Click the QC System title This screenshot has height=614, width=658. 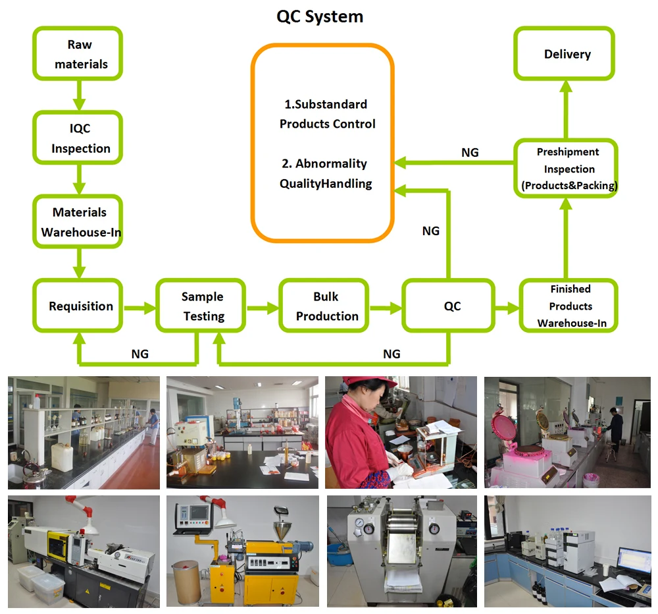tap(320, 16)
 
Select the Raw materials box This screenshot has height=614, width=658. tap(78, 55)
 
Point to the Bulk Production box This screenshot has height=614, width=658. tap(326, 306)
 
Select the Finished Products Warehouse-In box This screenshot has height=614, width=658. tap(570, 306)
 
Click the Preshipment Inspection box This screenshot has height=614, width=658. tap(568, 169)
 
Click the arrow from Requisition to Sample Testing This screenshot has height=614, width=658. tap(139, 306)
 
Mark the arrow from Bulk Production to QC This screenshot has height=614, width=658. tap(386, 306)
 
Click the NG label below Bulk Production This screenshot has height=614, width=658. tap(391, 354)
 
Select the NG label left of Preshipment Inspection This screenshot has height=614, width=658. tap(470, 152)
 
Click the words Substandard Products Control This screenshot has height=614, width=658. tap(327, 114)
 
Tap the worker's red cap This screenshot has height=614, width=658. tap(361, 384)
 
